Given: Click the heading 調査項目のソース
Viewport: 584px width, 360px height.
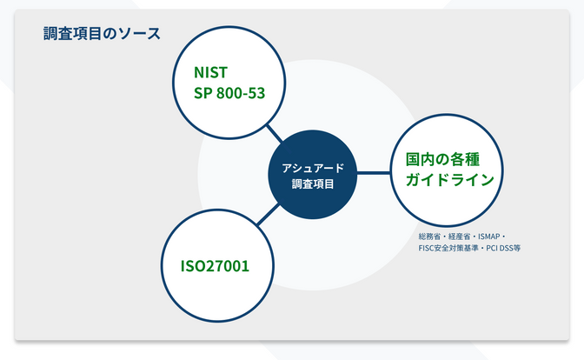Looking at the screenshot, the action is (x=102, y=34).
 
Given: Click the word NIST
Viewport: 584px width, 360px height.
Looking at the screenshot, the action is (x=210, y=73).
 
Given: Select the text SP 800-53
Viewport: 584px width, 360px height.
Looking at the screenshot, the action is (x=229, y=93).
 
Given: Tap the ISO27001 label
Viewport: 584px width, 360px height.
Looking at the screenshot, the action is (x=215, y=266).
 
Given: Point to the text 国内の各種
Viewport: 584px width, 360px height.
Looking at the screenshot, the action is (x=442, y=159).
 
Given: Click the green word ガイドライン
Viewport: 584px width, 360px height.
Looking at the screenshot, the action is (x=450, y=180).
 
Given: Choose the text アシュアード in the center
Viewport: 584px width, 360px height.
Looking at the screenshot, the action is (x=313, y=168).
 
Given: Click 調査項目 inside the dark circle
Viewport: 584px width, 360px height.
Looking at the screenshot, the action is (x=313, y=184).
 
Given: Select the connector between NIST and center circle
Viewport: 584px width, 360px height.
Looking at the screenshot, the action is (x=275, y=134).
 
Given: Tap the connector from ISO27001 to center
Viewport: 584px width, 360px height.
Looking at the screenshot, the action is (x=269, y=215).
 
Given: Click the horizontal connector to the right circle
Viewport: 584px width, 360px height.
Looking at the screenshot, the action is (x=374, y=173).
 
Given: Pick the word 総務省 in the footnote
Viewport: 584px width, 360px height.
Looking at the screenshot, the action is (x=429, y=237).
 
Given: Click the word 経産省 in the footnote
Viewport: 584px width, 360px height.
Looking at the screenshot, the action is (x=459, y=237).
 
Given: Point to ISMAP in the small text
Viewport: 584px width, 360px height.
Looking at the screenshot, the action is (x=488, y=237).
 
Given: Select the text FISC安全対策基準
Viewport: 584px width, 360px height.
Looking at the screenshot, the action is (x=448, y=248).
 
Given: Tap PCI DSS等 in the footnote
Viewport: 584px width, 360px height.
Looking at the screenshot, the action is (x=503, y=248).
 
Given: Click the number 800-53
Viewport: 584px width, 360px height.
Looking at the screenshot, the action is (x=241, y=93).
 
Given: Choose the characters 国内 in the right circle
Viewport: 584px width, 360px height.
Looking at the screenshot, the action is (x=420, y=159).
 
